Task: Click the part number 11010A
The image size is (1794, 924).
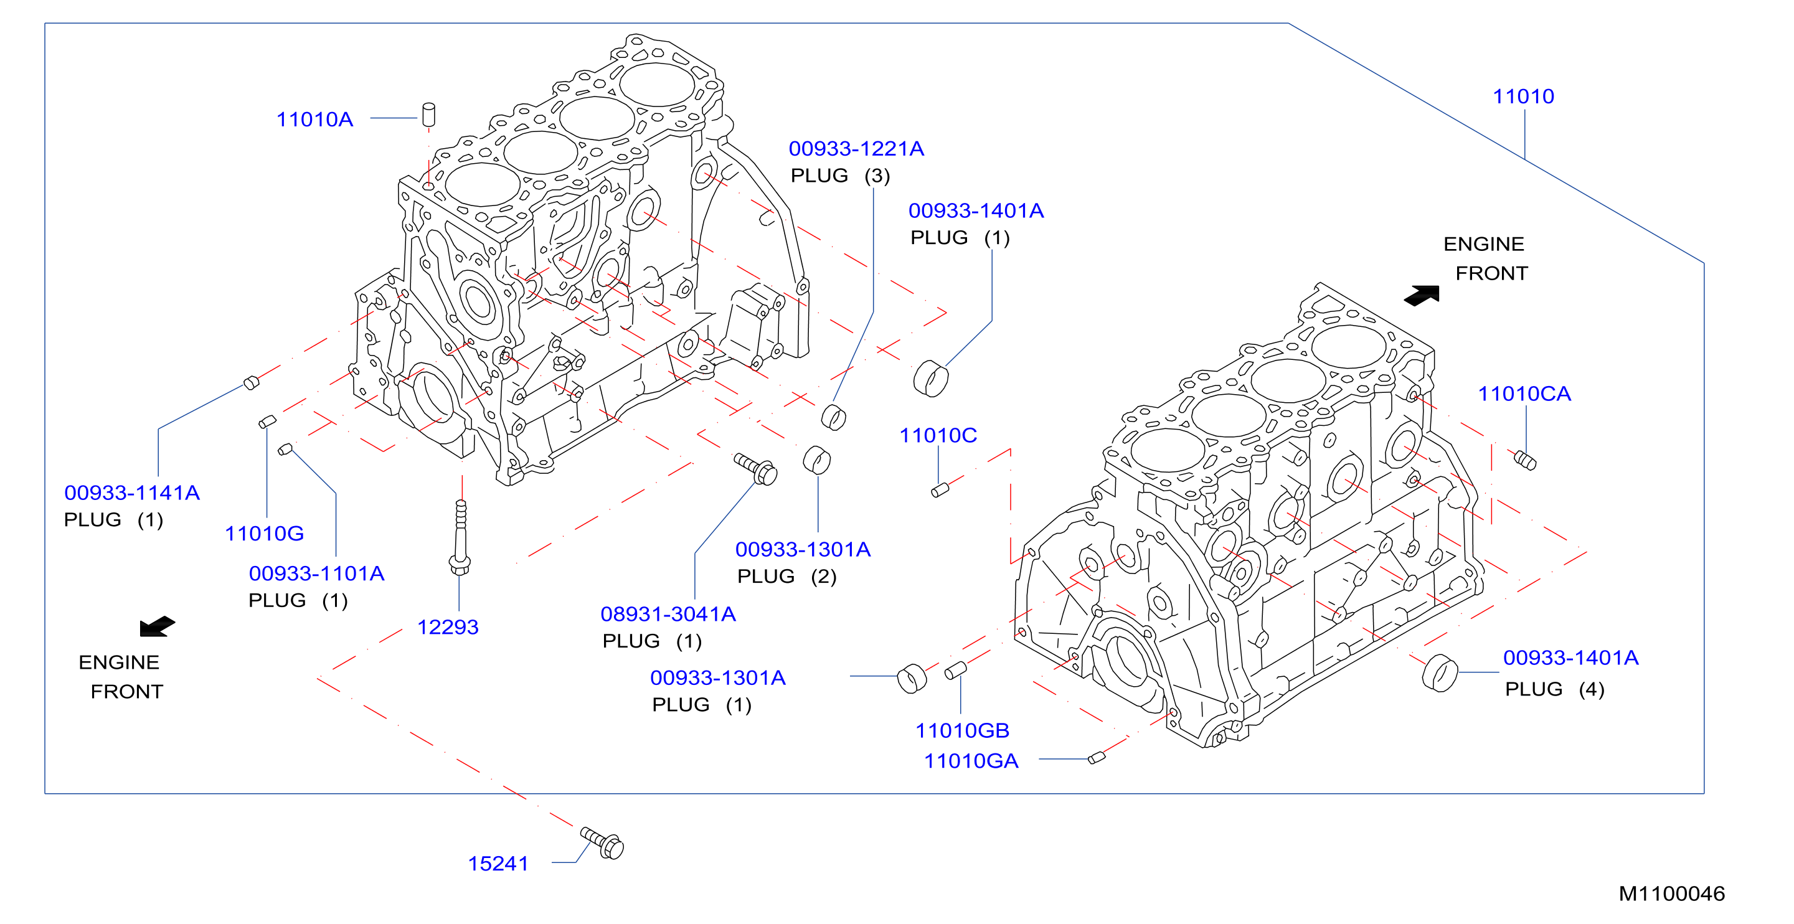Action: pyautogui.click(x=315, y=120)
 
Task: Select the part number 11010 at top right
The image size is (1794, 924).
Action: pyautogui.click(x=1523, y=97)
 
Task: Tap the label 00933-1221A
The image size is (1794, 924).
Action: pyautogui.click(x=856, y=149)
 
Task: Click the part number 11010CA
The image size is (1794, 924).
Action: pyautogui.click(x=1524, y=394)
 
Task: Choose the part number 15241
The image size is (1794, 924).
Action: pyautogui.click(x=498, y=864)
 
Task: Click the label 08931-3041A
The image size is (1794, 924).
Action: pyautogui.click(x=668, y=614)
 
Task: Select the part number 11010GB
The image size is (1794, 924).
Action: pyautogui.click(x=962, y=731)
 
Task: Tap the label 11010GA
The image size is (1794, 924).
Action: pyautogui.click(x=971, y=761)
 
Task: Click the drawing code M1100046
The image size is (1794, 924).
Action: pyautogui.click(x=1671, y=894)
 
